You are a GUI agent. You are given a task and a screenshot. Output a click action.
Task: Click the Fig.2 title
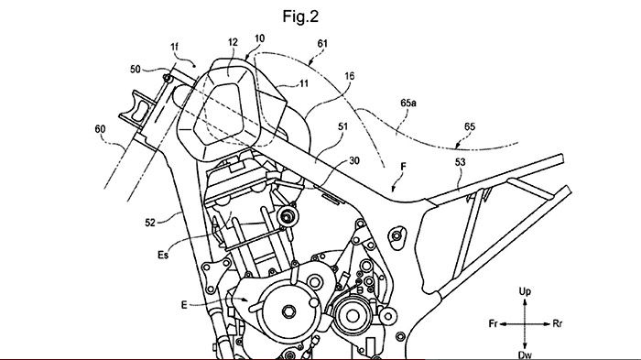coord(300,16)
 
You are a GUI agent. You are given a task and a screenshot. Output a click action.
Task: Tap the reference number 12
coord(233,42)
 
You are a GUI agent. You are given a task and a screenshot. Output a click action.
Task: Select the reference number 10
coord(259,38)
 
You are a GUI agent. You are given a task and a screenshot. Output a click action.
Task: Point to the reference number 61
coord(322,43)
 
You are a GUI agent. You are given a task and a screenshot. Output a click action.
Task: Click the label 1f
coord(175,47)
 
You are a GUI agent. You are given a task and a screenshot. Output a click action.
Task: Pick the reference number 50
coord(136,69)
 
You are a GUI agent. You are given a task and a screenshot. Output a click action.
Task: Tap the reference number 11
coord(304,84)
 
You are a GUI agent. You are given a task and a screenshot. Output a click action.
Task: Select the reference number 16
coord(350,76)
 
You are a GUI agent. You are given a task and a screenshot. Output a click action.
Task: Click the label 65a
coord(408,104)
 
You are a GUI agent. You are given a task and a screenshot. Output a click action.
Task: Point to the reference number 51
coord(342,126)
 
